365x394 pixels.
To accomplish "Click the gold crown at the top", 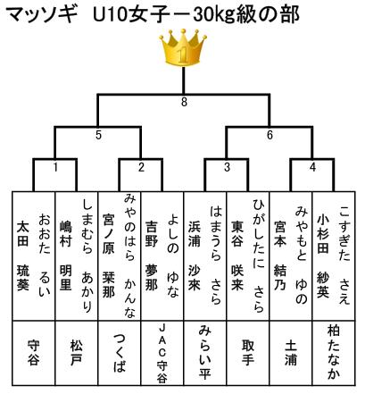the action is [x=183, y=47].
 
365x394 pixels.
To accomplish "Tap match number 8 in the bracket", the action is [x=184, y=102].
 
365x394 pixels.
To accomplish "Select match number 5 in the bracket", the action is [x=98, y=135].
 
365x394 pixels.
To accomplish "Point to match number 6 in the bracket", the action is [x=270, y=135].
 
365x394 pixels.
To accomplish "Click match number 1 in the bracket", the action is [x=55, y=167].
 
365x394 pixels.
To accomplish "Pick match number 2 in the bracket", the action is [x=141, y=167].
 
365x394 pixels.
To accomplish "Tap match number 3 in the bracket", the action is [x=227, y=167].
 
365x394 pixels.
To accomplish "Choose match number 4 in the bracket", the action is [x=312, y=167].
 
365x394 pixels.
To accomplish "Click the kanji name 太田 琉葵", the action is [x=23, y=256].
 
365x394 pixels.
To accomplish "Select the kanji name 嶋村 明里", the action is [x=66, y=256].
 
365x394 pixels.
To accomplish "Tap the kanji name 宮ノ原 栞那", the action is [x=108, y=256].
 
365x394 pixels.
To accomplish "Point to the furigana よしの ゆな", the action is [x=173, y=256].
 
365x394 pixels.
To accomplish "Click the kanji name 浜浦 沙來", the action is [x=194, y=256].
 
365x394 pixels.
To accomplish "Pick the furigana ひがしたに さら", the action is [x=259, y=256].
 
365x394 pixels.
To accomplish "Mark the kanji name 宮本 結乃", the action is [x=279, y=256].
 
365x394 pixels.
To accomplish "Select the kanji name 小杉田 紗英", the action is [x=322, y=256].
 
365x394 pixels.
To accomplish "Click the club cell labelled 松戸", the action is [x=76, y=354].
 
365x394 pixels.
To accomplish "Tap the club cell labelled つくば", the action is [x=120, y=354].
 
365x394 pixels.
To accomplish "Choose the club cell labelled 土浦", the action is [x=291, y=354].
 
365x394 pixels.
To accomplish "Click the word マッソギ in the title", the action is [x=39, y=14].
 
